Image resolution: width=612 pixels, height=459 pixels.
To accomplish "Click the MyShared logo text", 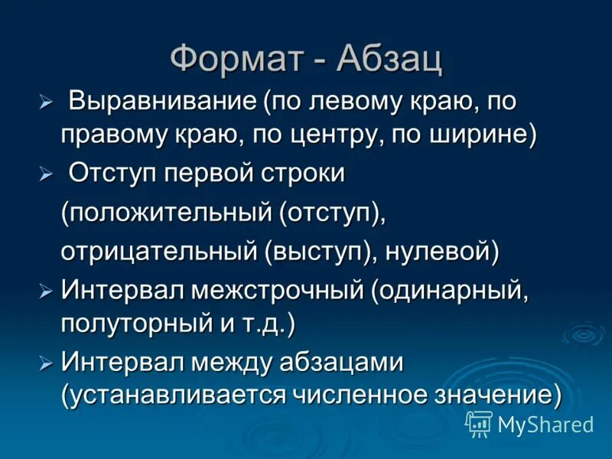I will [x=545, y=424].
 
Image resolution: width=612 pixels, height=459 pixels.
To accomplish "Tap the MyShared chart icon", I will [x=479, y=423].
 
